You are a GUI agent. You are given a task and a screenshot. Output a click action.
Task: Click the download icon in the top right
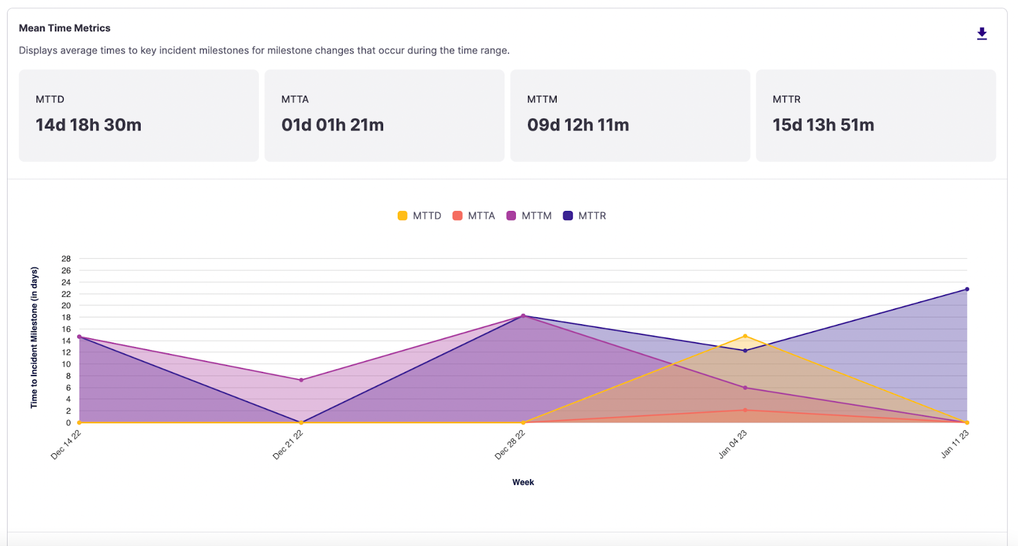[x=982, y=34]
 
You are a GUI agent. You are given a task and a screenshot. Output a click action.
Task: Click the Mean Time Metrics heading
[x=64, y=28]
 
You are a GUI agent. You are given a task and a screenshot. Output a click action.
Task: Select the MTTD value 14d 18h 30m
[x=88, y=125]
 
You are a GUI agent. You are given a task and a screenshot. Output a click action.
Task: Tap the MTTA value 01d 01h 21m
[x=332, y=125]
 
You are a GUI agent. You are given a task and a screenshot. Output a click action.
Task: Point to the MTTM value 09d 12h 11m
[x=578, y=125]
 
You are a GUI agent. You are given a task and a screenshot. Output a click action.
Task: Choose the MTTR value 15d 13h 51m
[x=823, y=125]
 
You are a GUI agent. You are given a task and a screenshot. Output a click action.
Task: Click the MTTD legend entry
[x=420, y=216]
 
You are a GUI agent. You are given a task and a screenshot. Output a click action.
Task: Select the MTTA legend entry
[x=474, y=216]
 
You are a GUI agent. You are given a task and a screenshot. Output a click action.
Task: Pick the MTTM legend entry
[x=529, y=216]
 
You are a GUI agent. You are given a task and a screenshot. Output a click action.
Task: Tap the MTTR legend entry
[x=585, y=216]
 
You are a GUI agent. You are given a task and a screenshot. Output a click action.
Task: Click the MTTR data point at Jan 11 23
[x=967, y=289]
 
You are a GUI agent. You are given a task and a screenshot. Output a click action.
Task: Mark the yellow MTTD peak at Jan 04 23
[x=745, y=336]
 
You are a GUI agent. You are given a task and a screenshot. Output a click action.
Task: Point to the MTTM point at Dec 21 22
[x=301, y=380]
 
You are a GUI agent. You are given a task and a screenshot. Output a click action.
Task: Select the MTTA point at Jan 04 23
[x=745, y=410]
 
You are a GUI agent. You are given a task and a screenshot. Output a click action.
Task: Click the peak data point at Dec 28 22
[x=523, y=316]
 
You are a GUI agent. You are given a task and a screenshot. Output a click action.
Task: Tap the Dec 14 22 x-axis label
[x=66, y=444]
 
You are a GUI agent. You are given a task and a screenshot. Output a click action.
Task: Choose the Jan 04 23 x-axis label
[x=732, y=444]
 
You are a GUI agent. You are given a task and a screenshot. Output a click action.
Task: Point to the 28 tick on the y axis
[x=66, y=259]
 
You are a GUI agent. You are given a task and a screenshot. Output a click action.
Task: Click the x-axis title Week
[x=523, y=482]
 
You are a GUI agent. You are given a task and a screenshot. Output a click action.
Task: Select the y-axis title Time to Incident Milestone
[x=34, y=337]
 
